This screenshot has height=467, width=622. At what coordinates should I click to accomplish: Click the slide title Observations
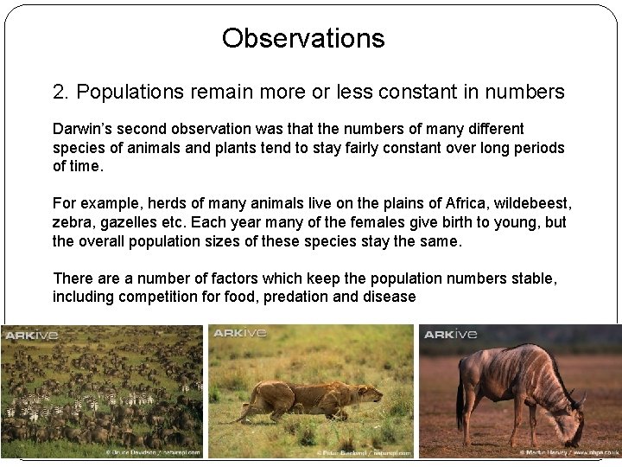303,38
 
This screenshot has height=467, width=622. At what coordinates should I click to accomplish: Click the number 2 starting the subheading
59,92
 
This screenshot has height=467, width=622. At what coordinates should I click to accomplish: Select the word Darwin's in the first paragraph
83,129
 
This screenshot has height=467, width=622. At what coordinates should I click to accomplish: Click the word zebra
73,221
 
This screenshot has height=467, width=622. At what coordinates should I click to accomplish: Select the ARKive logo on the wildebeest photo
449,334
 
